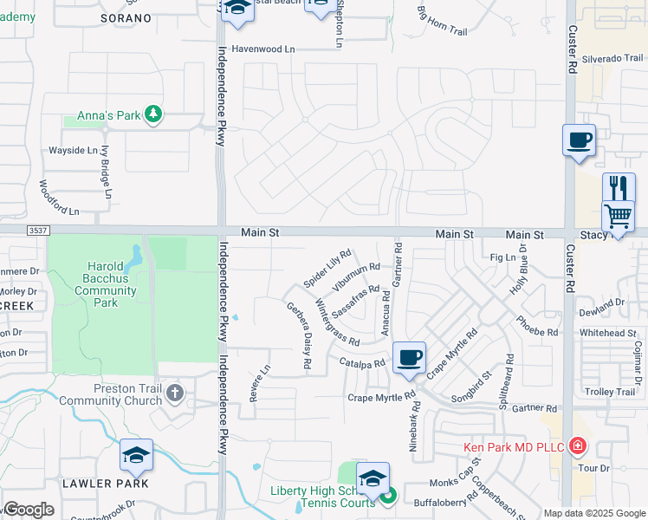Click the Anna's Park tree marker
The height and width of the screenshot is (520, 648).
click(x=153, y=114)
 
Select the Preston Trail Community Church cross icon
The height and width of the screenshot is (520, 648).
click(x=175, y=393)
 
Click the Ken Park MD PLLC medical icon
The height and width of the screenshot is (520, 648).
click(x=577, y=447)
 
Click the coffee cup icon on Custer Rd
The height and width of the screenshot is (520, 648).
click(x=579, y=139)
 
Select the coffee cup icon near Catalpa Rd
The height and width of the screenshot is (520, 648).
click(x=409, y=356)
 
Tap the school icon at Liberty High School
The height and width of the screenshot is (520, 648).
click(x=373, y=478)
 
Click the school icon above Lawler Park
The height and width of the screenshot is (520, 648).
click(x=136, y=454)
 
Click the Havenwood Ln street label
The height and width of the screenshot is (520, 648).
click(x=263, y=49)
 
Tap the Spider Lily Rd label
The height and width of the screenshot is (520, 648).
click(x=327, y=269)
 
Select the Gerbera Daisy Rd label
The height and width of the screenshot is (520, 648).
click(x=298, y=336)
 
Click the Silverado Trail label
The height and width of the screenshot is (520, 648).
click(x=612, y=58)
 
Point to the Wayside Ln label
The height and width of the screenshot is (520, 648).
click(x=72, y=150)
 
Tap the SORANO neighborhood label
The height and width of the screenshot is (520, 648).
click(x=126, y=17)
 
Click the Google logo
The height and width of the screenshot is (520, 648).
click(x=29, y=510)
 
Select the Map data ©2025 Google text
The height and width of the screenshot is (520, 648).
click(x=593, y=513)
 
